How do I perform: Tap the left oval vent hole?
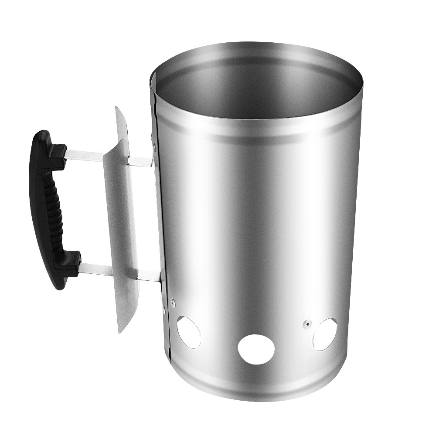(189, 332)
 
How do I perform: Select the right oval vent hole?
(325, 334)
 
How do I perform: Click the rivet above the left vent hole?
(173, 300)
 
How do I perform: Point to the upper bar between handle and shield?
(85, 153)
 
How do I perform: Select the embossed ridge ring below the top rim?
(262, 129)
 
